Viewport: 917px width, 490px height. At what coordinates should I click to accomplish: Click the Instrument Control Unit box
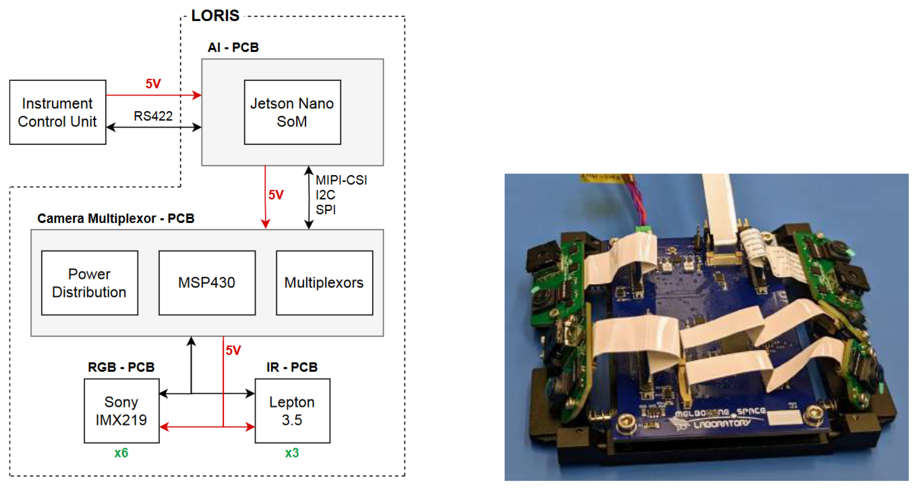pyautogui.click(x=58, y=112)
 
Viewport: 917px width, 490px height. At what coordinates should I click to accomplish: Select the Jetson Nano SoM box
pyautogui.click(x=292, y=112)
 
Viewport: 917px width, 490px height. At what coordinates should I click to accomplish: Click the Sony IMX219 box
pyautogui.click(x=122, y=411)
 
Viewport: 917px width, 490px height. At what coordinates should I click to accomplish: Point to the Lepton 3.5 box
pyautogui.click(x=292, y=411)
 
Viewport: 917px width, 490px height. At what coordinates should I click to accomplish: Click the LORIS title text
pyautogui.click(x=215, y=16)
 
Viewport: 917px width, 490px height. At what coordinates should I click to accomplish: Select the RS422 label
pyautogui.click(x=153, y=116)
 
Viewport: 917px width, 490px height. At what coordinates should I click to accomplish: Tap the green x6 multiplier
pyautogui.click(x=121, y=453)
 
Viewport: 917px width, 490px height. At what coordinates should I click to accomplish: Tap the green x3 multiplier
pyautogui.click(x=292, y=453)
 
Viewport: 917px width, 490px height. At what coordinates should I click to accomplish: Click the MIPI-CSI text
pyautogui.click(x=341, y=180)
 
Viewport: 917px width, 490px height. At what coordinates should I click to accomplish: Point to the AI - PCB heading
pyautogui.click(x=233, y=47)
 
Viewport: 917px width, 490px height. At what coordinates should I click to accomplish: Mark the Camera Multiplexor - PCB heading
pyautogui.click(x=116, y=218)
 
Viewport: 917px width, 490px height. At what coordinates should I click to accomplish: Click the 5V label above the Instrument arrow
pyautogui.click(x=153, y=84)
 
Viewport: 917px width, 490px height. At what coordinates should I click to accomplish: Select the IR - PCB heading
pyautogui.click(x=292, y=367)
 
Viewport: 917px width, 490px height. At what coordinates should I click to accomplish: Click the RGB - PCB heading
pyautogui.click(x=121, y=367)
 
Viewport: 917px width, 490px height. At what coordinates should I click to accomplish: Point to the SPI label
pyautogui.click(x=325, y=210)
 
